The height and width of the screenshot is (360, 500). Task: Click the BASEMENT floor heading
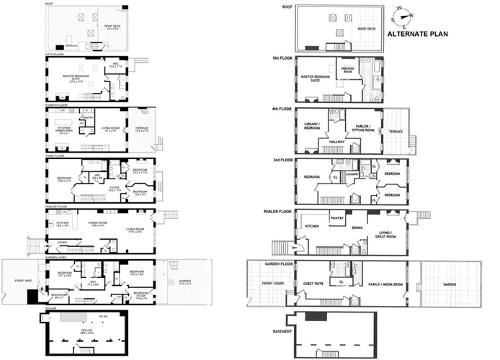click(x=283, y=331)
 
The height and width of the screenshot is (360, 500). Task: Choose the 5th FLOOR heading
click(x=283, y=58)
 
